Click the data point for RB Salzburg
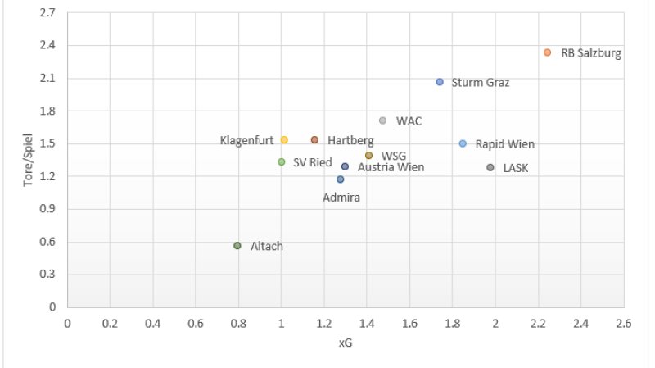[x=547, y=52]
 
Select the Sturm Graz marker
[x=440, y=82]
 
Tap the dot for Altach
[x=237, y=246]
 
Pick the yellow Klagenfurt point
[x=284, y=140]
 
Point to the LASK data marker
[x=490, y=167]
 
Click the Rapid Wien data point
[x=463, y=143]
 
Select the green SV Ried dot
[x=281, y=162]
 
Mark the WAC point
[x=382, y=120]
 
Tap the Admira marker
[x=340, y=179]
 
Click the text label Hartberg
[x=350, y=141]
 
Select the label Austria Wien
[x=391, y=167]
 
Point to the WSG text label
[x=394, y=156]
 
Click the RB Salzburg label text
[x=591, y=53]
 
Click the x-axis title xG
[x=345, y=343]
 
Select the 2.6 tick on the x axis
[x=624, y=324]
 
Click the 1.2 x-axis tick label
[x=323, y=324]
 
